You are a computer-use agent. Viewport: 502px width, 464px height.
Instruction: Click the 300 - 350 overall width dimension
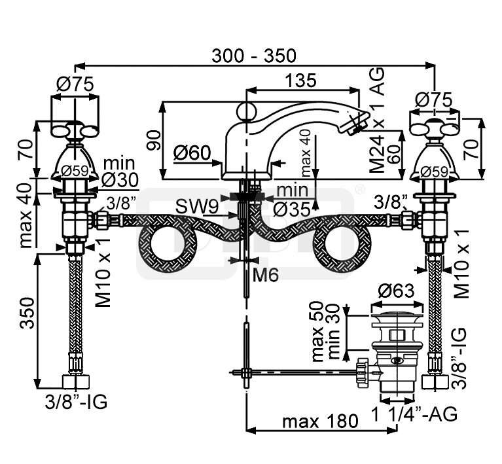click(254, 56)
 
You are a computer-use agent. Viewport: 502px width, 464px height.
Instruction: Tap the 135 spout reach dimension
click(300, 80)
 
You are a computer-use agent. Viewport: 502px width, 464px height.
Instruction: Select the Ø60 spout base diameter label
click(192, 152)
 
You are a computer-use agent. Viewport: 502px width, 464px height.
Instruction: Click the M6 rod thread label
click(266, 275)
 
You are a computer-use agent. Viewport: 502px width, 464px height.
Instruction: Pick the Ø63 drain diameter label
click(396, 291)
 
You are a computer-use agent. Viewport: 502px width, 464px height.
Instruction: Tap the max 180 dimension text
click(320, 421)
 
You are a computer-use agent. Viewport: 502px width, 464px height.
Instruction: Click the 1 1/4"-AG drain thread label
click(414, 414)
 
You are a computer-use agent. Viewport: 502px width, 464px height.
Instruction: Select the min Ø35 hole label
click(292, 200)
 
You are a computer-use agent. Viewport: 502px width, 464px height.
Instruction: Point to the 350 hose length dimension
click(27, 313)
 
